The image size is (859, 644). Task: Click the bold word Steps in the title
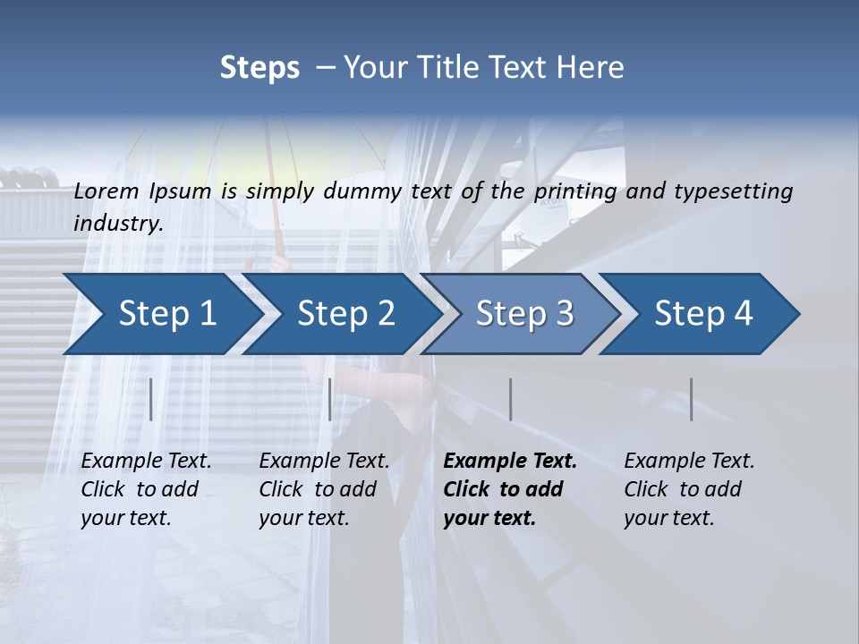pos(259,68)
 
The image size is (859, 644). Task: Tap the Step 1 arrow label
pos(167,314)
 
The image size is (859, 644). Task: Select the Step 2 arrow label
pos(346,314)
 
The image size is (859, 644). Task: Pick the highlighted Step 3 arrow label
pos(524,314)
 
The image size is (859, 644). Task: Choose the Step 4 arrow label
pos(703,314)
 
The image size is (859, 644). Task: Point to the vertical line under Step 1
pos(151,399)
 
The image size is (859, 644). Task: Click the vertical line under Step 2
pos(330,399)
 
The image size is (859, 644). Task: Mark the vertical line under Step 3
pos(511,399)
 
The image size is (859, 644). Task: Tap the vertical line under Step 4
pos(692,399)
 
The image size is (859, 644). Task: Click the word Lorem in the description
pos(106,191)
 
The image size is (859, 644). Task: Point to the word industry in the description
pos(118,223)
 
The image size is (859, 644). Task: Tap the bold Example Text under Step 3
pos(510,461)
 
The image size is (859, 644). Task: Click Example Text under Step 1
pos(146,461)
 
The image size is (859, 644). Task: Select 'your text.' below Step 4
pos(668,518)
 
